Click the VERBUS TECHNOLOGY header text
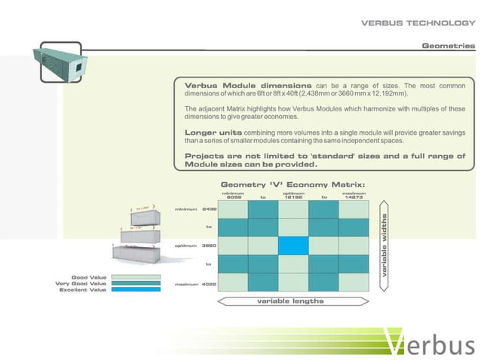(x=418, y=23)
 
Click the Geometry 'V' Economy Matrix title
(x=293, y=185)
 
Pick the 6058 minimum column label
(x=233, y=197)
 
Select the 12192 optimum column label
(x=293, y=197)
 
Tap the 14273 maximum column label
(x=354, y=197)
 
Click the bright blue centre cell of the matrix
(x=293, y=246)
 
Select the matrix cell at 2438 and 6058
(x=233, y=209)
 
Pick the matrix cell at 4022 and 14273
(x=354, y=282)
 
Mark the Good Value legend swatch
(x=136, y=277)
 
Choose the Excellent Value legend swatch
(x=136, y=290)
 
